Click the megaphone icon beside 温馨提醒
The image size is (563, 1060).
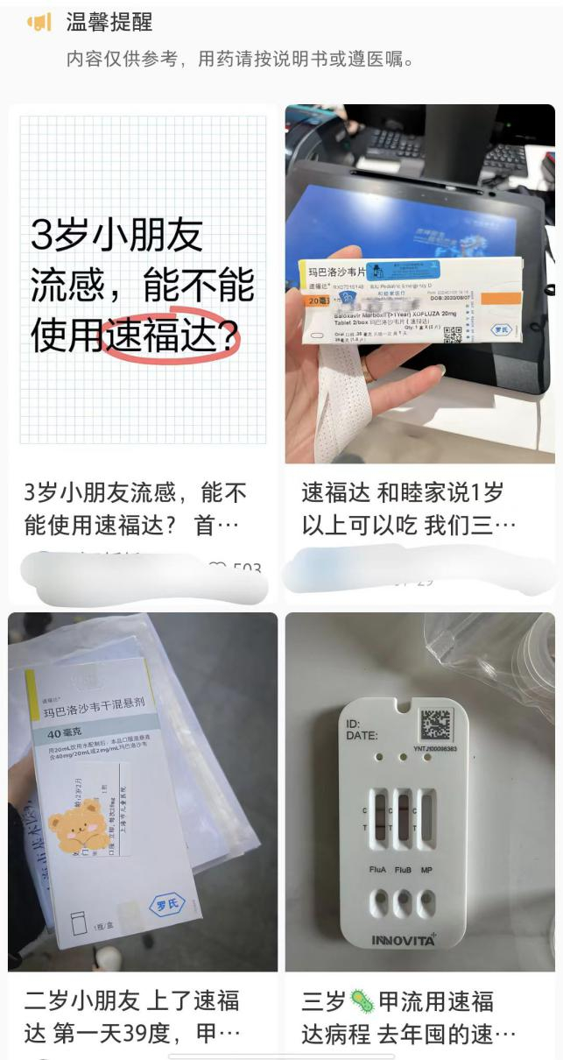[x=39, y=23]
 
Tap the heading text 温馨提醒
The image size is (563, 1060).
[x=109, y=23]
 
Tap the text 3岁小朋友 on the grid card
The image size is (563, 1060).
[x=116, y=234]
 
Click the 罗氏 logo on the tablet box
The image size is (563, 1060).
[x=500, y=331]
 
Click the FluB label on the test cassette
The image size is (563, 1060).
[x=404, y=871]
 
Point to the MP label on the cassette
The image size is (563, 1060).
[x=426, y=871]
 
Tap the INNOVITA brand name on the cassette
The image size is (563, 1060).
[x=403, y=941]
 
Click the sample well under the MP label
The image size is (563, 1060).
[x=426, y=902]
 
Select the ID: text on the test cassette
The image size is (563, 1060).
[x=354, y=724]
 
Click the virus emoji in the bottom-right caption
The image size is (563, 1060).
[x=362, y=1000]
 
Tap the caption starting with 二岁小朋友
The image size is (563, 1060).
[x=131, y=1016]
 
